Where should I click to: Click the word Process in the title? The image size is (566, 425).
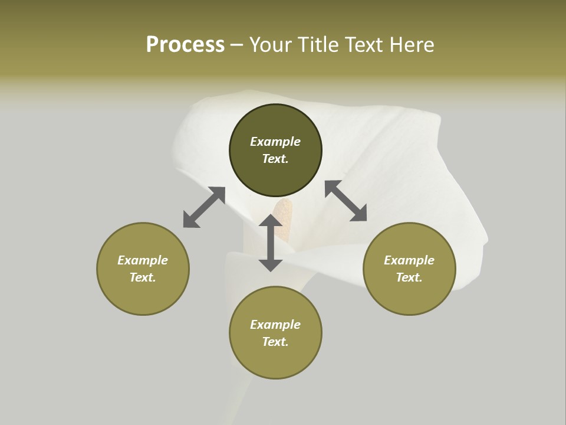tap(185, 45)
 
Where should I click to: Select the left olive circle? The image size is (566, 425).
tap(143, 295)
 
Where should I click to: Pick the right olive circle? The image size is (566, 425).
tap(409, 295)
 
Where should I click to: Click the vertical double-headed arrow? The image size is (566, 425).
tap(271, 243)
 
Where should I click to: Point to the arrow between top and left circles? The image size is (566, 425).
tap(204, 207)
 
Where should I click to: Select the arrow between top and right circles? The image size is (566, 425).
tap(345, 201)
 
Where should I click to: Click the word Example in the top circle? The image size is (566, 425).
tap(275, 142)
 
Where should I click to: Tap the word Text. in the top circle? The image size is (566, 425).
tap(275, 159)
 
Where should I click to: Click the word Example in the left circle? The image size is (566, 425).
tap(143, 260)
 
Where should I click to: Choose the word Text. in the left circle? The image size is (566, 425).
tap(143, 277)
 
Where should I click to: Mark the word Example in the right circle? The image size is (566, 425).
tap(409, 260)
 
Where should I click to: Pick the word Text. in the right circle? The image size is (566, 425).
tap(409, 277)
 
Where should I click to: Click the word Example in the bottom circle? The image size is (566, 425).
tap(275, 325)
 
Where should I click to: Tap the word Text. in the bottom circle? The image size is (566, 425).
tap(275, 342)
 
